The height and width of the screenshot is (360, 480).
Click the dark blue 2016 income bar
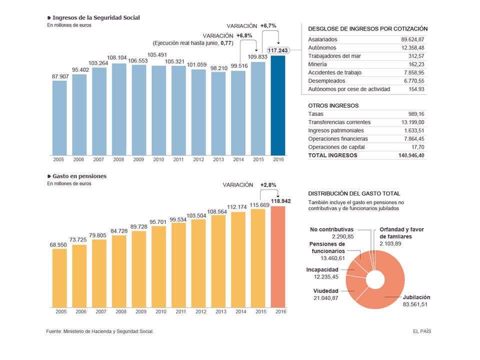[278, 105]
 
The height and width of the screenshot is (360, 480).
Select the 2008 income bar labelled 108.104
[119, 109]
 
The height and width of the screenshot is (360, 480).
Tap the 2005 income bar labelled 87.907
[59, 118]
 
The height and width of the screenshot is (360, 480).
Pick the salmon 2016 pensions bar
[278, 256]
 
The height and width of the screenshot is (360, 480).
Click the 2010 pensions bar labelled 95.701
[159, 266]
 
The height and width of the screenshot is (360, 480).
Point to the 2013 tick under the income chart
[218, 159]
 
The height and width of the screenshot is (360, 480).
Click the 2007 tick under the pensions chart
[101, 311]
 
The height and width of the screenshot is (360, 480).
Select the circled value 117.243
[278, 50]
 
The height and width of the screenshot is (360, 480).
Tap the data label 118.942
[280, 201]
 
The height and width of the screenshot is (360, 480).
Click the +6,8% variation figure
[244, 35]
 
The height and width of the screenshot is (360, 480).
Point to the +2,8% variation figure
[268, 185]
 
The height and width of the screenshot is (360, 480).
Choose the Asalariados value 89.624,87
[412, 39]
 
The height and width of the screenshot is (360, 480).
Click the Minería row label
[317, 64]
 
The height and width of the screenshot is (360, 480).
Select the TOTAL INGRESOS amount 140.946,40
[411, 155]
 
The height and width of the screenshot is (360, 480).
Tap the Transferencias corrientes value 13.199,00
[412, 122]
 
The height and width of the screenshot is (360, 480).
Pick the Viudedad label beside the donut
[325, 291]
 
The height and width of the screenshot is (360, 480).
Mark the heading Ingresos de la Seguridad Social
[96, 18]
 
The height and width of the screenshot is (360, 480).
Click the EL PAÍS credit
[422, 331]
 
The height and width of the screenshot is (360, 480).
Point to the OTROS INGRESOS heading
[333, 105]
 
